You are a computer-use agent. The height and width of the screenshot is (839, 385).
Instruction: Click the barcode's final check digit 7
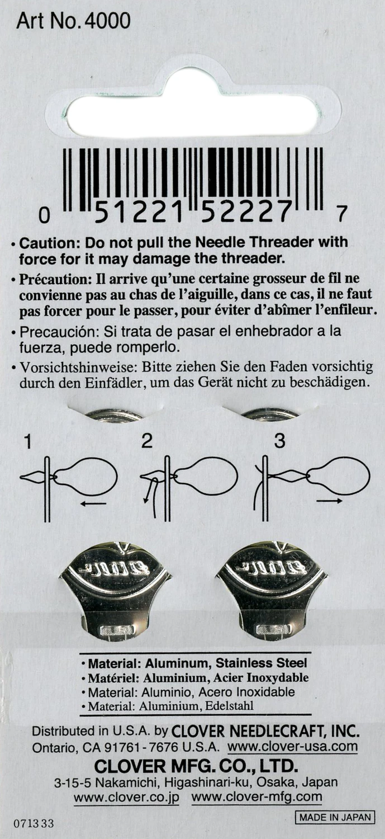point(342,213)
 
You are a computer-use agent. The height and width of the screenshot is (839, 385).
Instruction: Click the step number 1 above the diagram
point(27,442)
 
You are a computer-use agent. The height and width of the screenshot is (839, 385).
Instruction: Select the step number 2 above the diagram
point(146,441)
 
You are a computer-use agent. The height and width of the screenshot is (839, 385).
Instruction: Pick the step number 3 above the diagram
point(279,441)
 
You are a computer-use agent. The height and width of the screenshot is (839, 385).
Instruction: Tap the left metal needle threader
point(115,587)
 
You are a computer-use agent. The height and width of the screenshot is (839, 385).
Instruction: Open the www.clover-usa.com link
point(292,747)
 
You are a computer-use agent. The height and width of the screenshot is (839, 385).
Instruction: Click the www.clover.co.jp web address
point(127,797)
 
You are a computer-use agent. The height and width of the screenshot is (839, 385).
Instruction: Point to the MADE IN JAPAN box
point(335,817)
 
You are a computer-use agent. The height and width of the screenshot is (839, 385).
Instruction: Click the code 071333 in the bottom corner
point(35,824)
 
